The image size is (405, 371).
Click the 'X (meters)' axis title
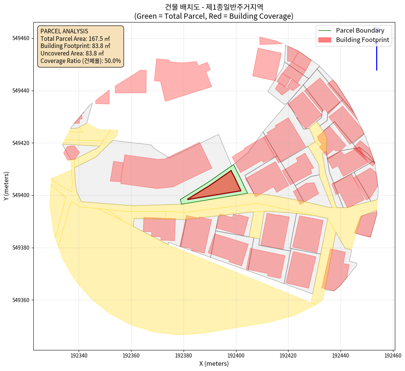[x=214, y=364]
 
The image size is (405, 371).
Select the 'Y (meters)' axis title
[x=6, y=186]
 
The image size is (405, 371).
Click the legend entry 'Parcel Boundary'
[x=360, y=30]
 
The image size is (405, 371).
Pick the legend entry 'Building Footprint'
[x=362, y=40]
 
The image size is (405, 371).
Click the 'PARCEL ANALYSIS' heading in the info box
[x=64, y=31]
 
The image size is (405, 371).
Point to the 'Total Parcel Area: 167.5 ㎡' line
[x=75, y=39]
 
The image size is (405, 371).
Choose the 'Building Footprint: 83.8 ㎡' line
[x=75, y=46]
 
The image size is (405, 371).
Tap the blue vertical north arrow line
[x=377, y=56]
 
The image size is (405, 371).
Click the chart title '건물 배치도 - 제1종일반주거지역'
[x=214, y=7]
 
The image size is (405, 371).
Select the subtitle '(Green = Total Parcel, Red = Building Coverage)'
[x=214, y=16]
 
